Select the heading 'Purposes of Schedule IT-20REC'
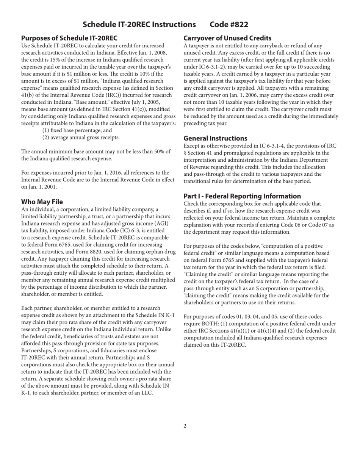pos(69,38)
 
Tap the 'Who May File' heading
pos(42,202)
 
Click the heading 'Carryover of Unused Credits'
pos(227,38)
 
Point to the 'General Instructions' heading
pos(215,138)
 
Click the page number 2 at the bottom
pos(185,426)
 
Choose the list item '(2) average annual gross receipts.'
pos(81,138)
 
